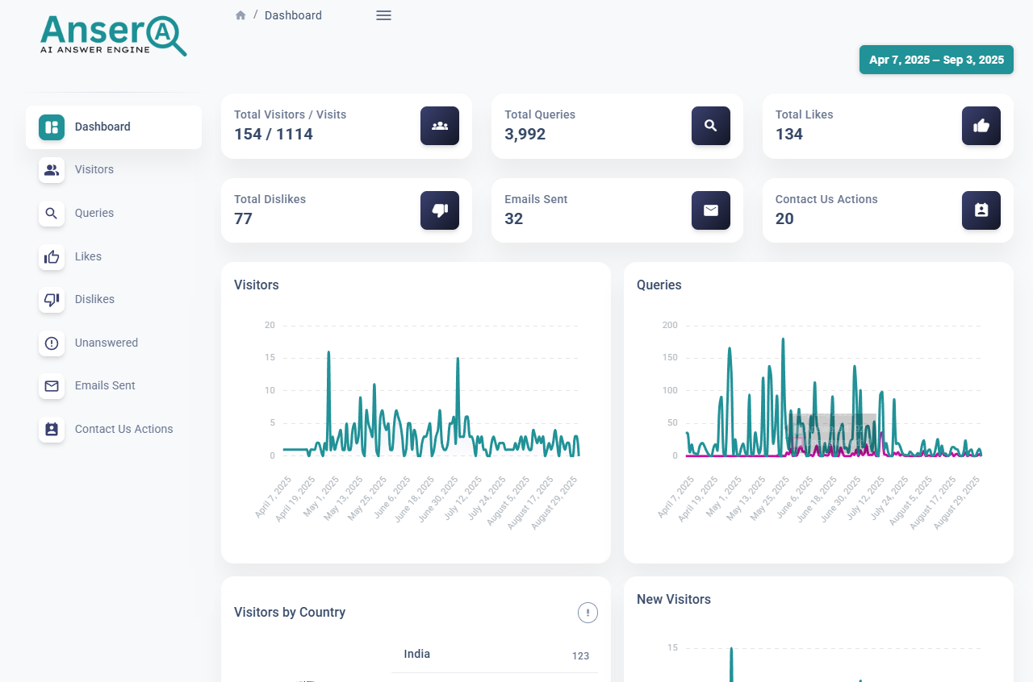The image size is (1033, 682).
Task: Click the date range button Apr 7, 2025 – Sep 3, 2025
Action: pyautogui.click(x=936, y=60)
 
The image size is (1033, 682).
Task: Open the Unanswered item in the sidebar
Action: pyautogui.click(x=106, y=343)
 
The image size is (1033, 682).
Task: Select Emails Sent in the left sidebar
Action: pyautogui.click(x=105, y=385)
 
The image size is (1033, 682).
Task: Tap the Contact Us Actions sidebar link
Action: pyautogui.click(x=123, y=429)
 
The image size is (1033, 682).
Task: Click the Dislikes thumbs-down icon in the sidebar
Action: pyautogui.click(x=52, y=300)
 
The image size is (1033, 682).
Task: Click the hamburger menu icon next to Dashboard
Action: pyautogui.click(x=383, y=15)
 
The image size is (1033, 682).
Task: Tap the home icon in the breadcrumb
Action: pyautogui.click(x=240, y=15)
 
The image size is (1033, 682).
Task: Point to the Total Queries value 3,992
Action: pyautogui.click(x=525, y=134)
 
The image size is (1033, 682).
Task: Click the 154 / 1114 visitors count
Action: pyautogui.click(x=273, y=134)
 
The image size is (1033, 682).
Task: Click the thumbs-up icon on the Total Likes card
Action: pyautogui.click(x=981, y=126)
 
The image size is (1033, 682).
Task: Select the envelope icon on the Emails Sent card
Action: pyautogui.click(x=710, y=210)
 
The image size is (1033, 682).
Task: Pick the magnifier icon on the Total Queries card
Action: pyautogui.click(x=710, y=126)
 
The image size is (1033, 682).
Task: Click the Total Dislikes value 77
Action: pyautogui.click(x=243, y=218)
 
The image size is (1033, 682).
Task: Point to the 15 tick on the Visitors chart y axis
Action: pyautogui.click(x=270, y=358)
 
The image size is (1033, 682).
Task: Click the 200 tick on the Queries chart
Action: pyautogui.click(x=669, y=326)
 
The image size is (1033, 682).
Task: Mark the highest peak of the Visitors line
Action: pyautogui.click(x=328, y=352)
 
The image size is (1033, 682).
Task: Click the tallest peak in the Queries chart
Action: pyautogui.click(x=783, y=339)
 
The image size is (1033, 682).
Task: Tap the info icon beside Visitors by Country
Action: pyautogui.click(x=588, y=613)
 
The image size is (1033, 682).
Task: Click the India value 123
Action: pyautogui.click(x=580, y=655)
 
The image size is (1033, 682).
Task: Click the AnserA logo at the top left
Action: pyautogui.click(x=113, y=35)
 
